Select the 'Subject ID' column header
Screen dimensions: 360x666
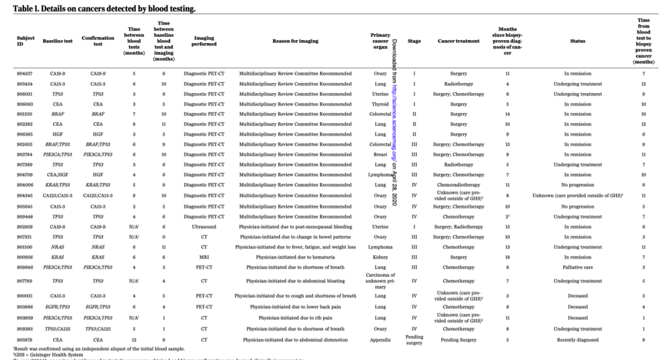[25, 41]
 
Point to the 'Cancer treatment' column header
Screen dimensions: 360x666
[458, 41]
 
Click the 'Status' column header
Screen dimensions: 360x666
[577, 41]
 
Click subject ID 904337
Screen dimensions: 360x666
[25, 73]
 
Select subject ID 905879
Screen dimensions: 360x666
[25, 338]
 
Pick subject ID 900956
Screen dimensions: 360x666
[25, 257]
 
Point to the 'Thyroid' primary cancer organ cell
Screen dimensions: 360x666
[380, 104]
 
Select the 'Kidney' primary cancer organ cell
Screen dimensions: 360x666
[380, 257]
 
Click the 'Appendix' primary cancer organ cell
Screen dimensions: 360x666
[380, 338]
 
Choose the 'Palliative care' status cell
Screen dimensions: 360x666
[577, 267]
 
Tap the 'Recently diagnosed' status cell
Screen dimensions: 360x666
[577, 338]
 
